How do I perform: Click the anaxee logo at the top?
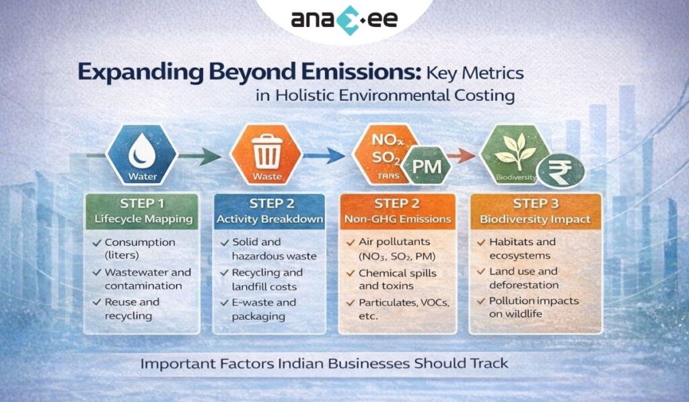coord(344,18)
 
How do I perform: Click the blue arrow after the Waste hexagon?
coord(324,156)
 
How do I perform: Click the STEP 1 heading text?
coord(141,203)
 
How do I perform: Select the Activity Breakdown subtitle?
coord(268,219)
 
